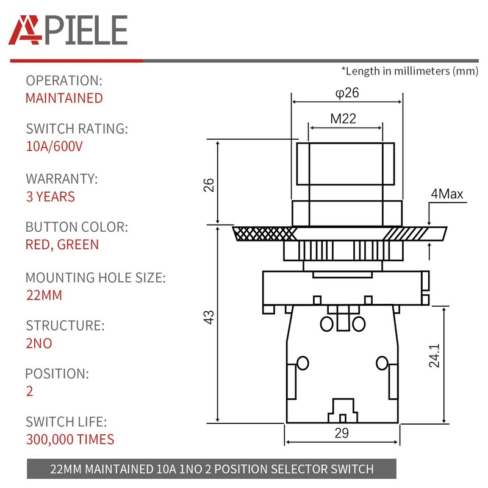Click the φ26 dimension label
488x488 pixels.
(346, 93)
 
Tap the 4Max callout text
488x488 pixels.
(447, 195)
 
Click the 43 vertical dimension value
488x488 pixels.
(209, 317)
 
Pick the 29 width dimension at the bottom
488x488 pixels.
(342, 434)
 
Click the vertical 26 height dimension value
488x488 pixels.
(209, 184)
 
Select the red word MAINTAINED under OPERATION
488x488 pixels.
(64, 98)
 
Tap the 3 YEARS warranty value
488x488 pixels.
(50, 196)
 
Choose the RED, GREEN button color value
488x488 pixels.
(62, 245)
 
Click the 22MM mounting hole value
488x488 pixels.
(43, 296)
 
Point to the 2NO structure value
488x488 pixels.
(38, 343)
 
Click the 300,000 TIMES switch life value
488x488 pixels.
(70, 439)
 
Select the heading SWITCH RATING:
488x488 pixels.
(77, 129)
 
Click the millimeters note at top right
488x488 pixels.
(409, 71)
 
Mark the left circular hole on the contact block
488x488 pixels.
(301, 364)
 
